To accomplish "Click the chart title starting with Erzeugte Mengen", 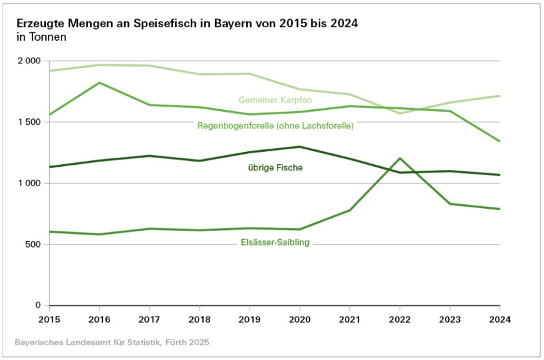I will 188,23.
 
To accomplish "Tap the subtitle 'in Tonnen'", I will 42,37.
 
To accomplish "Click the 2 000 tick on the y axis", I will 28,61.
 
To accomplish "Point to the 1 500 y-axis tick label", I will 28,122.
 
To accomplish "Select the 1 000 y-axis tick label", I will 28,184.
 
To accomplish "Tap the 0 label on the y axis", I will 38,305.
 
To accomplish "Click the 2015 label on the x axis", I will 49,319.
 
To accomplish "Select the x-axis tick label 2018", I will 199,319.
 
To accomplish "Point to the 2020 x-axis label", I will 299,319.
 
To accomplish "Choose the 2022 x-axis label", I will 400,319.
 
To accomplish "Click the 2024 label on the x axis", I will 499,319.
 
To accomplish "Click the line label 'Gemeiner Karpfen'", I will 275,100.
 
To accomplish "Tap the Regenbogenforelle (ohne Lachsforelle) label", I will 275,125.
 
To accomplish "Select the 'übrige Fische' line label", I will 275,168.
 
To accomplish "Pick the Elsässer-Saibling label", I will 275,242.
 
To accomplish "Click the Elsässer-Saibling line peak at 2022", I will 400,158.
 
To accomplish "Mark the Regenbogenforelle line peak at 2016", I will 99,83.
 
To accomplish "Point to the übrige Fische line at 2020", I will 299,147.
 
